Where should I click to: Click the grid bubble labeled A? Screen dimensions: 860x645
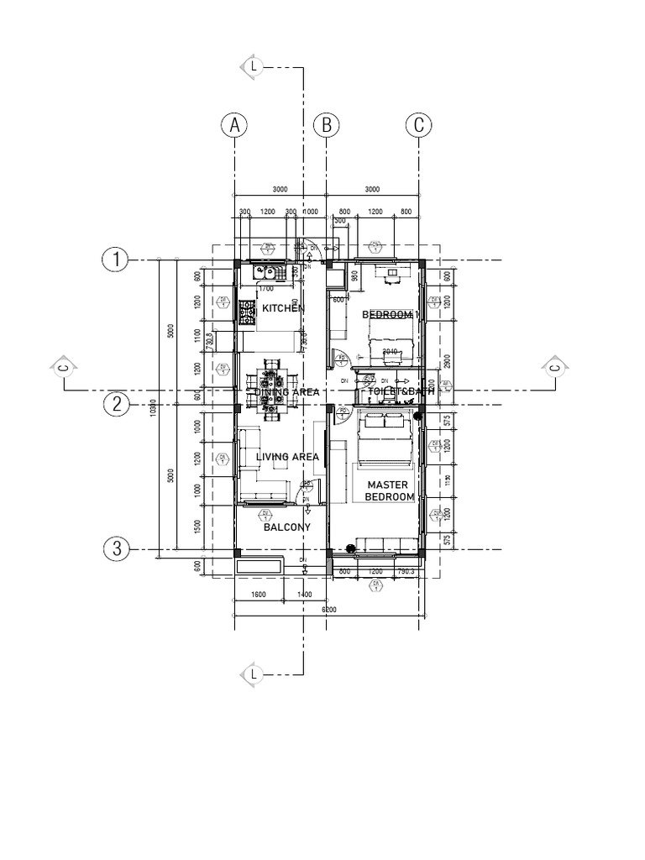234,125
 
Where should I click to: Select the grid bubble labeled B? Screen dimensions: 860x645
326,125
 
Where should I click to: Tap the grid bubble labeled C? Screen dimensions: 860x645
418,125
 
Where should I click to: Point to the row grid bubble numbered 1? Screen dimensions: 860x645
115,260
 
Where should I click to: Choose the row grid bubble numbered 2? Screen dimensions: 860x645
115,405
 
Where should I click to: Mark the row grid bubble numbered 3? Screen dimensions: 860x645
115,550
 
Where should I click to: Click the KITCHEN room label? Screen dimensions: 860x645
282,309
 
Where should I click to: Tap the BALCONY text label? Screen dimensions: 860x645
286,527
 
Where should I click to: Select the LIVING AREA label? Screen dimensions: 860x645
287,457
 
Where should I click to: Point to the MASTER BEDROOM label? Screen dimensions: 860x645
389,491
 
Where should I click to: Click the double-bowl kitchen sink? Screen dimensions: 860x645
266,271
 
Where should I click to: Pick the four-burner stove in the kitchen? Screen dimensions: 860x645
247,314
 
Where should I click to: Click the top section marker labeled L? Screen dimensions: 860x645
253,66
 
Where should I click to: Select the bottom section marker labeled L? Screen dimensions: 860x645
253,674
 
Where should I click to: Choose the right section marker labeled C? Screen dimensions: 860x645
555,367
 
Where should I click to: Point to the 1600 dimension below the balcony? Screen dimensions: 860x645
259,595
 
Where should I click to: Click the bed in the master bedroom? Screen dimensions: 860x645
385,442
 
